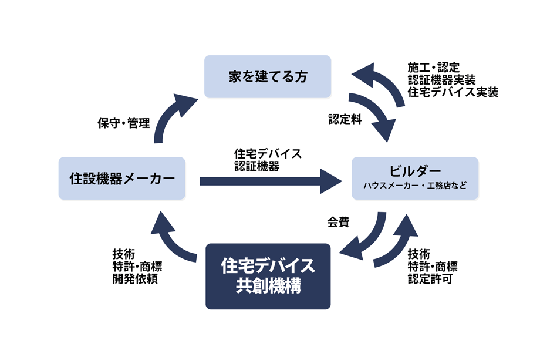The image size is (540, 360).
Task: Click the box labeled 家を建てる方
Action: [267, 76]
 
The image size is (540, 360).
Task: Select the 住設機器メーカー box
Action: [122, 178]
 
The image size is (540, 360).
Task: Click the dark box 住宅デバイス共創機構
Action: [268, 276]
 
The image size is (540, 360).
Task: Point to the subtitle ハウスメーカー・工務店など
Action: [415, 187]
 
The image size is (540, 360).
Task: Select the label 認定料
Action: [345, 119]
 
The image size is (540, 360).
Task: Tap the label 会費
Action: [339, 222]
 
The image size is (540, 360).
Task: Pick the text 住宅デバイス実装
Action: [453, 92]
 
